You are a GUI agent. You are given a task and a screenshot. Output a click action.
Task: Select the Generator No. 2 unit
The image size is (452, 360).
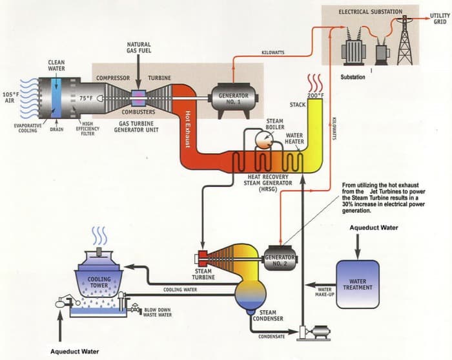coord(280,259)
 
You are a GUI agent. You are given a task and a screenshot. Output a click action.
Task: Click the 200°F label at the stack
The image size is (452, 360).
coord(316,96)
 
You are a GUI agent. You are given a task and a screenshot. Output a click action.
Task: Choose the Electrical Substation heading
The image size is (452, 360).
coord(370,12)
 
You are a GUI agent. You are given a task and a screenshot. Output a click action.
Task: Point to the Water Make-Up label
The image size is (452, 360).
coord(324,293)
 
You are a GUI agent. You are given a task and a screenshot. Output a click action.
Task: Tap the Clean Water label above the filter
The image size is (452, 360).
coord(56,66)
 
